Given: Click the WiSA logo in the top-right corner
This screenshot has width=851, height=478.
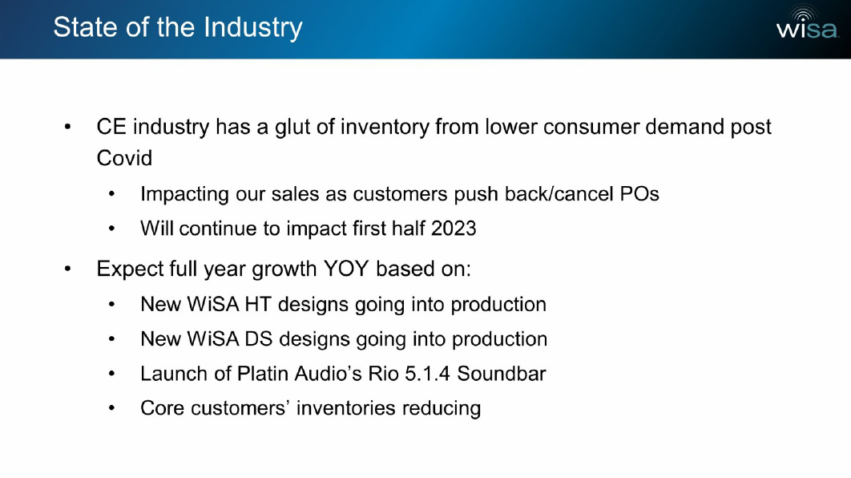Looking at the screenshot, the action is pyautogui.click(x=806, y=23).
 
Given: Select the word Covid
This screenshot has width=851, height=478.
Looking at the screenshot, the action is pyautogui.click(x=124, y=159).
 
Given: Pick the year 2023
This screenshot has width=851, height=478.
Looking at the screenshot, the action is pyautogui.click(x=454, y=229).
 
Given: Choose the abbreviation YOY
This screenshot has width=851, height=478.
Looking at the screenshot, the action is pyautogui.click(x=345, y=269).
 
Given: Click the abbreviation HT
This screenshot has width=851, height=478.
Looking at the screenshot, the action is pyautogui.click(x=258, y=304).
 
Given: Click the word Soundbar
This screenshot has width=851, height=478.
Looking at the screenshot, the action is pyautogui.click(x=502, y=374).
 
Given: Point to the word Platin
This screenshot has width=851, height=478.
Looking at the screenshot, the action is pyautogui.click(x=263, y=374).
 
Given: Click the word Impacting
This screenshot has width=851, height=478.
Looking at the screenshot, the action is pyautogui.click(x=184, y=194).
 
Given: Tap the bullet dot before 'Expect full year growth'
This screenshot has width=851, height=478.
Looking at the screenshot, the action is pyautogui.click(x=67, y=269).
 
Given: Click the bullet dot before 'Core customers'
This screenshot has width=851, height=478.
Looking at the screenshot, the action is pyautogui.click(x=111, y=408).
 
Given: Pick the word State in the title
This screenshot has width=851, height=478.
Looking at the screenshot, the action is pyautogui.click(x=86, y=27).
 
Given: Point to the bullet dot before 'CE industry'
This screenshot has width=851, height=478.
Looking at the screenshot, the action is pyautogui.click(x=67, y=127).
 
